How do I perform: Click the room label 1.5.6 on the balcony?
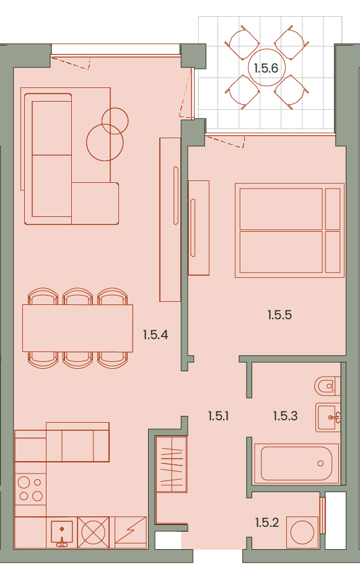tap(266, 68)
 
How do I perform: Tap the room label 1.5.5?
tap(279, 315)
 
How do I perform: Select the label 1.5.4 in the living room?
tap(156, 335)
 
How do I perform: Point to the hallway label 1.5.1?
tap(219, 416)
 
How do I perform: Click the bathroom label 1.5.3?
tap(285, 416)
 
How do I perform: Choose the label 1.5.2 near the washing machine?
tap(266, 523)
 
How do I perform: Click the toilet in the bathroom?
tap(327, 386)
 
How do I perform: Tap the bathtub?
tap(296, 464)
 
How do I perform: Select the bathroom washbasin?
tap(328, 417)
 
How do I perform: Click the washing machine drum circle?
tap(302, 532)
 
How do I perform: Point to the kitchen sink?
tap(62, 532)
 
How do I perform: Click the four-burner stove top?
tap(30, 489)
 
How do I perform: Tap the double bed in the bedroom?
tap(289, 231)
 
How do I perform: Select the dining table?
tap(77, 328)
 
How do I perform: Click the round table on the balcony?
tap(266, 68)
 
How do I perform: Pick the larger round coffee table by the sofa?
tap(105, 143)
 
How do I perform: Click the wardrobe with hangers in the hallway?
tap(171, 464)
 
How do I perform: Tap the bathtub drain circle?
tap(320, 464)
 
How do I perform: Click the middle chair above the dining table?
tap(77, 296)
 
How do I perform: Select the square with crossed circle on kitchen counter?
tap(94, 532)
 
